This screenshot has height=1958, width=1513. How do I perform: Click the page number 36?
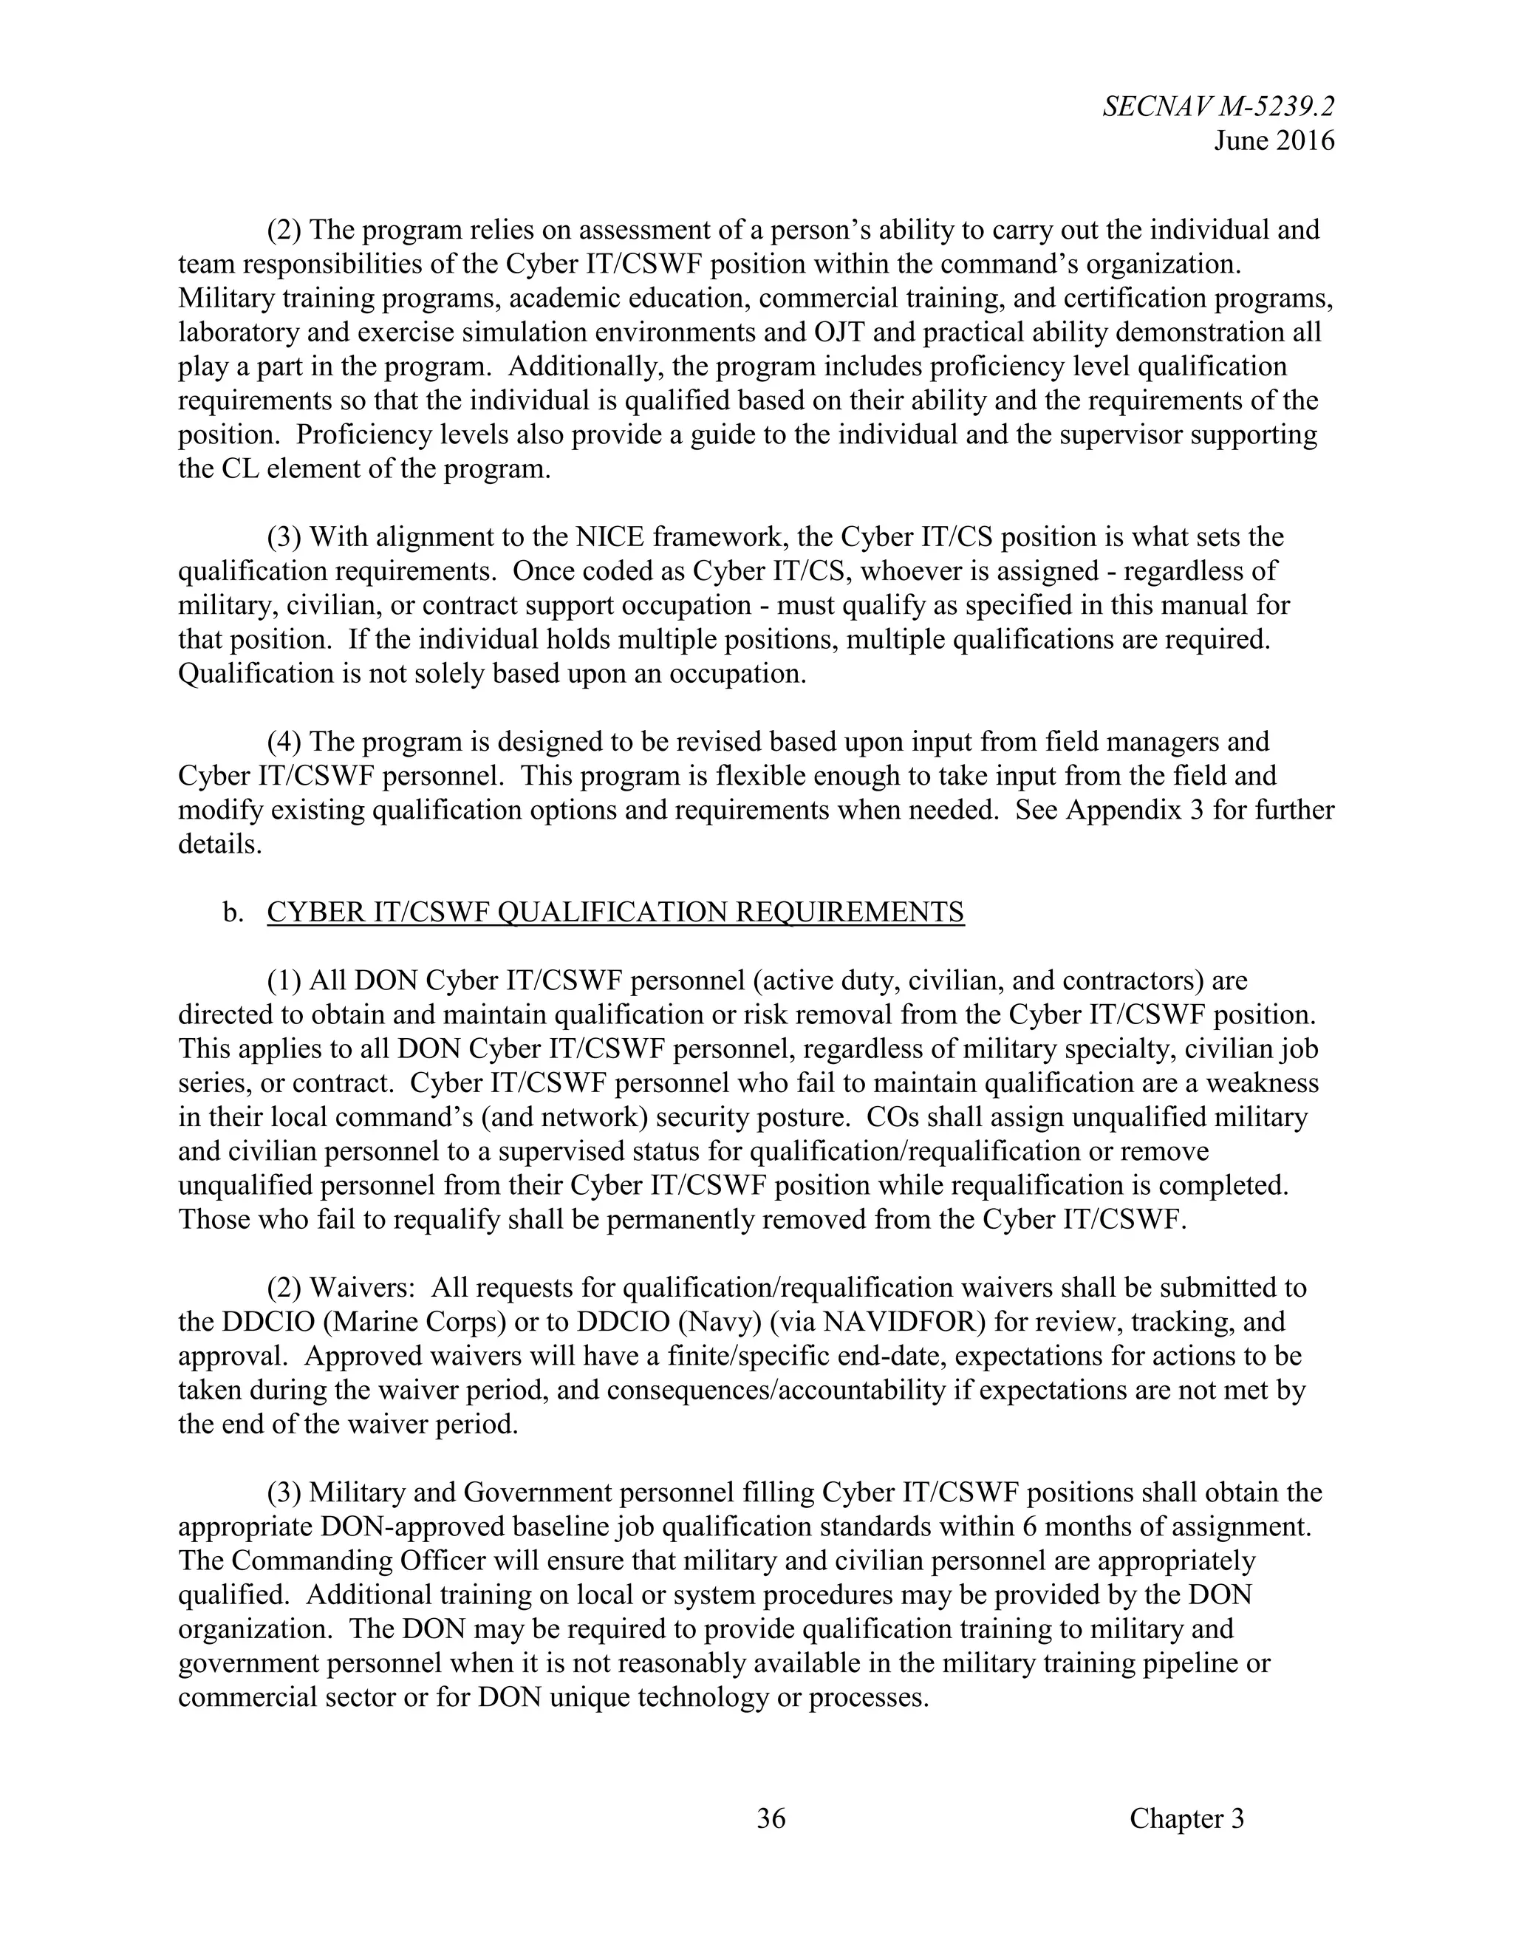pyautogui.click(x=771, y=1818)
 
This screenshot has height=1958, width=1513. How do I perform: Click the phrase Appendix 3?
pyautogui.click(x=1135, y=810)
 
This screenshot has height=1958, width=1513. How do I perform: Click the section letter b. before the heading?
pyautogui.click(x=233, y=912)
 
